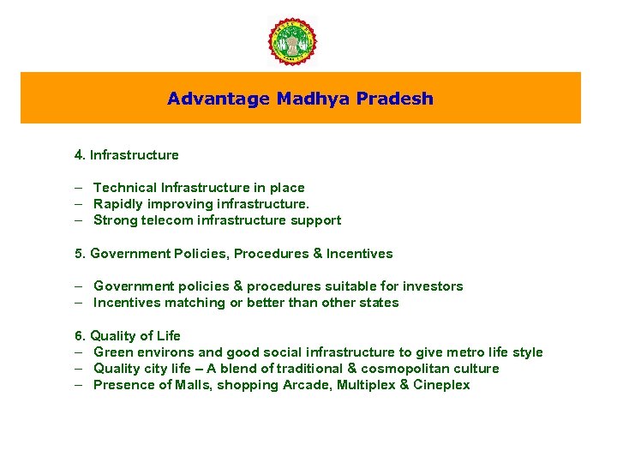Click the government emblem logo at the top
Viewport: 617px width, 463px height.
(x=292, y=40)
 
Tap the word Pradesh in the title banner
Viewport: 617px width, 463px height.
(x=402, y=99)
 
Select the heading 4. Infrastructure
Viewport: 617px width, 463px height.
(x=126, y=155)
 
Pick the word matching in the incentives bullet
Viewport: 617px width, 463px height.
(x=187, y=303)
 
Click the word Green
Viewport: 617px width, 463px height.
(x=112, y=352)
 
